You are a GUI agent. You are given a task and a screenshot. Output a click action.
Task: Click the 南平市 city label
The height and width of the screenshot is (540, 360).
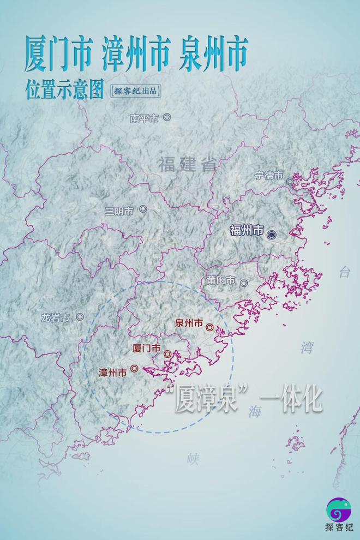click(144, 118)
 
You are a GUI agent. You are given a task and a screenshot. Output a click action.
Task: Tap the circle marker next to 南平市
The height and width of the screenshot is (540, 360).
click(167, 117)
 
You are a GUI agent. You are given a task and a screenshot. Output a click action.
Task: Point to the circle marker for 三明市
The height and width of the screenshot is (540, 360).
click(143, 209)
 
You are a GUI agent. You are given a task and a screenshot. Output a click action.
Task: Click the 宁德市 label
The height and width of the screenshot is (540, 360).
click(269, 176)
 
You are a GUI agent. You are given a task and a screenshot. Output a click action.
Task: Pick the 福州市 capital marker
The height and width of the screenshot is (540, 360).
click(271, 234)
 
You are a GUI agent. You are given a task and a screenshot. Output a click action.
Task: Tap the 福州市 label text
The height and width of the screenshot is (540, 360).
click(247, 230)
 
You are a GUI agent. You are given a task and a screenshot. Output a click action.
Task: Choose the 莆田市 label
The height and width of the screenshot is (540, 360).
click(220, 280)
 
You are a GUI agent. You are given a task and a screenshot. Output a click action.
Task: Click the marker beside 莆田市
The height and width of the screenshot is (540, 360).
click(244, 283)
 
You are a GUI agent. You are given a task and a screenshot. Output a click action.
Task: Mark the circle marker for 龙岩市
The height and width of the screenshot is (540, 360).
click(80, 316)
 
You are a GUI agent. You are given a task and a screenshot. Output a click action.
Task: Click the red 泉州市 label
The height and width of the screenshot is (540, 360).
click(189, 323)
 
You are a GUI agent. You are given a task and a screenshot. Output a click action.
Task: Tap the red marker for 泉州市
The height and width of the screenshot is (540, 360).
click(210, 327)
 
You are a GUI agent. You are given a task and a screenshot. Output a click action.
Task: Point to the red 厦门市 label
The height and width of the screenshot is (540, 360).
click(147, 348)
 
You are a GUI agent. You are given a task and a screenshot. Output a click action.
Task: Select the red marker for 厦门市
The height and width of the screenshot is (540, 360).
click(167, 353)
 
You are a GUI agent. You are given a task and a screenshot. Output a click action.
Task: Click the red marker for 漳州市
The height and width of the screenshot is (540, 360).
click(134, 369)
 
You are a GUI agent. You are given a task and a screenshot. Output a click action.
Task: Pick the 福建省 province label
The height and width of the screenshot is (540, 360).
click(188, 164)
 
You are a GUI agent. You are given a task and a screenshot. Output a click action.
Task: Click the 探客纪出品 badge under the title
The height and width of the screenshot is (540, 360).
click(136, 91)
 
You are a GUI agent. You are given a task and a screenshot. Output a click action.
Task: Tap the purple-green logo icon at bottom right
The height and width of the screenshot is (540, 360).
click(339, 509)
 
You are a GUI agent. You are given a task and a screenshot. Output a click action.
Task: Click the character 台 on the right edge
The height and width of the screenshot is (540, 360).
click(345, 273)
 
